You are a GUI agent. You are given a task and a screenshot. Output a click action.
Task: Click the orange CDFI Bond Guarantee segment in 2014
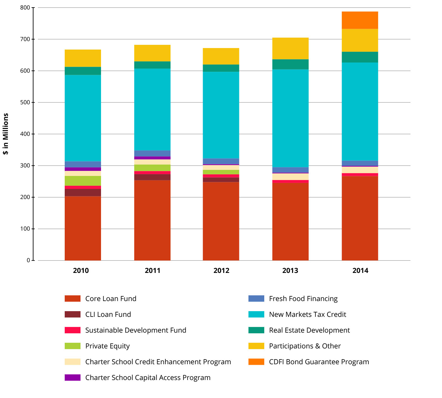coord(360,20)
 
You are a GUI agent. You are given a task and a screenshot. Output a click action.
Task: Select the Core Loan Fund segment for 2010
coord(83,228)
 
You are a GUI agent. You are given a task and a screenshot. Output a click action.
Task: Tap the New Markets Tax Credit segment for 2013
coord(290,118)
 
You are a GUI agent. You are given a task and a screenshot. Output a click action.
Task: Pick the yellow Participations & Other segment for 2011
coord(152,53)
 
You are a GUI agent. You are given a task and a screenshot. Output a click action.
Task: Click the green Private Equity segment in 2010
coord(83,181)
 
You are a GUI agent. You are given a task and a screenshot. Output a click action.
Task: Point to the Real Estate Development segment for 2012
coord(221,68)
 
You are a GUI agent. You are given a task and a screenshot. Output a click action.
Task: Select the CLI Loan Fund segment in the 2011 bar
coord(152,177)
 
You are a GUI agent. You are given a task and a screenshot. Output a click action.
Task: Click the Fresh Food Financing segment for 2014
coord(360,163)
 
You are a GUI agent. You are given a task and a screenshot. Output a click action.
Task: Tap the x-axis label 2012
coord(221,271)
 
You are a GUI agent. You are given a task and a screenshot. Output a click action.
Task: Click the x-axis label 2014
coord(360,271)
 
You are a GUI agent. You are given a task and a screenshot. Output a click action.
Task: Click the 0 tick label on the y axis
coord(29,260)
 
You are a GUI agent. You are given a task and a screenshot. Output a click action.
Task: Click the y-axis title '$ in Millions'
coord(6,134)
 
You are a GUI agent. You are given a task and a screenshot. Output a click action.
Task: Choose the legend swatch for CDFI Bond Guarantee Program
coord(256,362)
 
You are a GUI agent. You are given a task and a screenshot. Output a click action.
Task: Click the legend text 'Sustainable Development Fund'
coord(136,330)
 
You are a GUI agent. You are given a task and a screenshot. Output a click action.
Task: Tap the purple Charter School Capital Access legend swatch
coord(73,377)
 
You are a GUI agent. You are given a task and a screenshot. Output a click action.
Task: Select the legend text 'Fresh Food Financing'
coord(303,298)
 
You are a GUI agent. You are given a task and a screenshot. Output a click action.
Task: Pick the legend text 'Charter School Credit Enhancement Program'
coord(158,362)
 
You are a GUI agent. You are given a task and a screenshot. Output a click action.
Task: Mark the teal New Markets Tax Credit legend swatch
coord(256,314)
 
